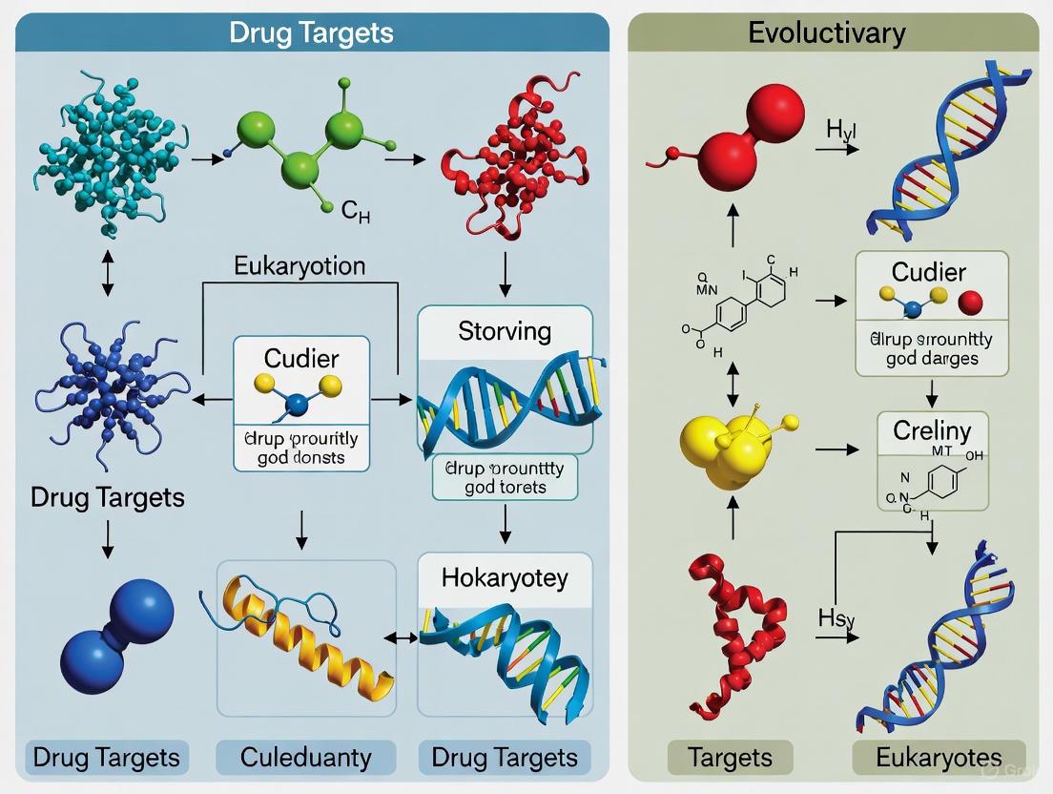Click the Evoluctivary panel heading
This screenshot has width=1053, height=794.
pyautogui.click(x=826, y=32)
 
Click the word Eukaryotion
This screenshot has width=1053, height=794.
pyautogui.click(x=299, y=265)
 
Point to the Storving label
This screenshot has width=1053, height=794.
pyautogui.click(x=505, y=331)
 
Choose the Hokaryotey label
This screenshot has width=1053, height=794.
pyautogui.click(x=505, y=577)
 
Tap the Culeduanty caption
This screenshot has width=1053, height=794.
pyautogui.click(x=306, y=758)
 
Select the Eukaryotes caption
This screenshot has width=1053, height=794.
pyautogui.click(x=939, y=758)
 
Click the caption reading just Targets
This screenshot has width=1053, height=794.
pyautogui.click(x=731, y=758)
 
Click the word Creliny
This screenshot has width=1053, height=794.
pyautogui.click(x=932, y=430)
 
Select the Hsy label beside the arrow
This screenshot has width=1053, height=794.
pyautogui.click(x=836, y=617)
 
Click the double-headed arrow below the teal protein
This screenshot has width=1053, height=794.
pyautogui.click(x=107, y=274)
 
